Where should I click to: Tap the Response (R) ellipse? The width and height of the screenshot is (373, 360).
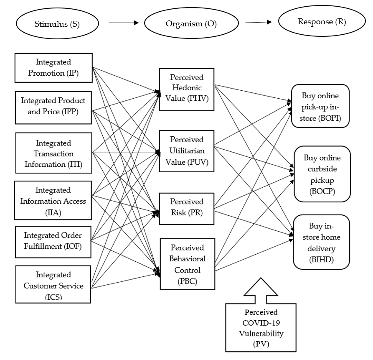click(321, 22)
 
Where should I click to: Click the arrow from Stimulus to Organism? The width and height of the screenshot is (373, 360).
click(123, 23)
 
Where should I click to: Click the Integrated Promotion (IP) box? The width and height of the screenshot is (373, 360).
click(53, 67)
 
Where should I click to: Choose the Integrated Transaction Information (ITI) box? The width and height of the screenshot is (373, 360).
click(54, 153)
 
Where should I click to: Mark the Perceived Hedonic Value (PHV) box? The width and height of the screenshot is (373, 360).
click(187, 89)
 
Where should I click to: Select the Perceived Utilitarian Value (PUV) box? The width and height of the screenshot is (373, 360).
click(187, 151)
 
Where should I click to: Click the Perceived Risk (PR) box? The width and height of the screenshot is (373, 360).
click(187, 207)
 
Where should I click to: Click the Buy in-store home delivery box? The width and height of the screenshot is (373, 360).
click(321, 242)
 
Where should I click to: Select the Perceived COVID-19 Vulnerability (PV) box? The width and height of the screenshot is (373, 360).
click(261, 327)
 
